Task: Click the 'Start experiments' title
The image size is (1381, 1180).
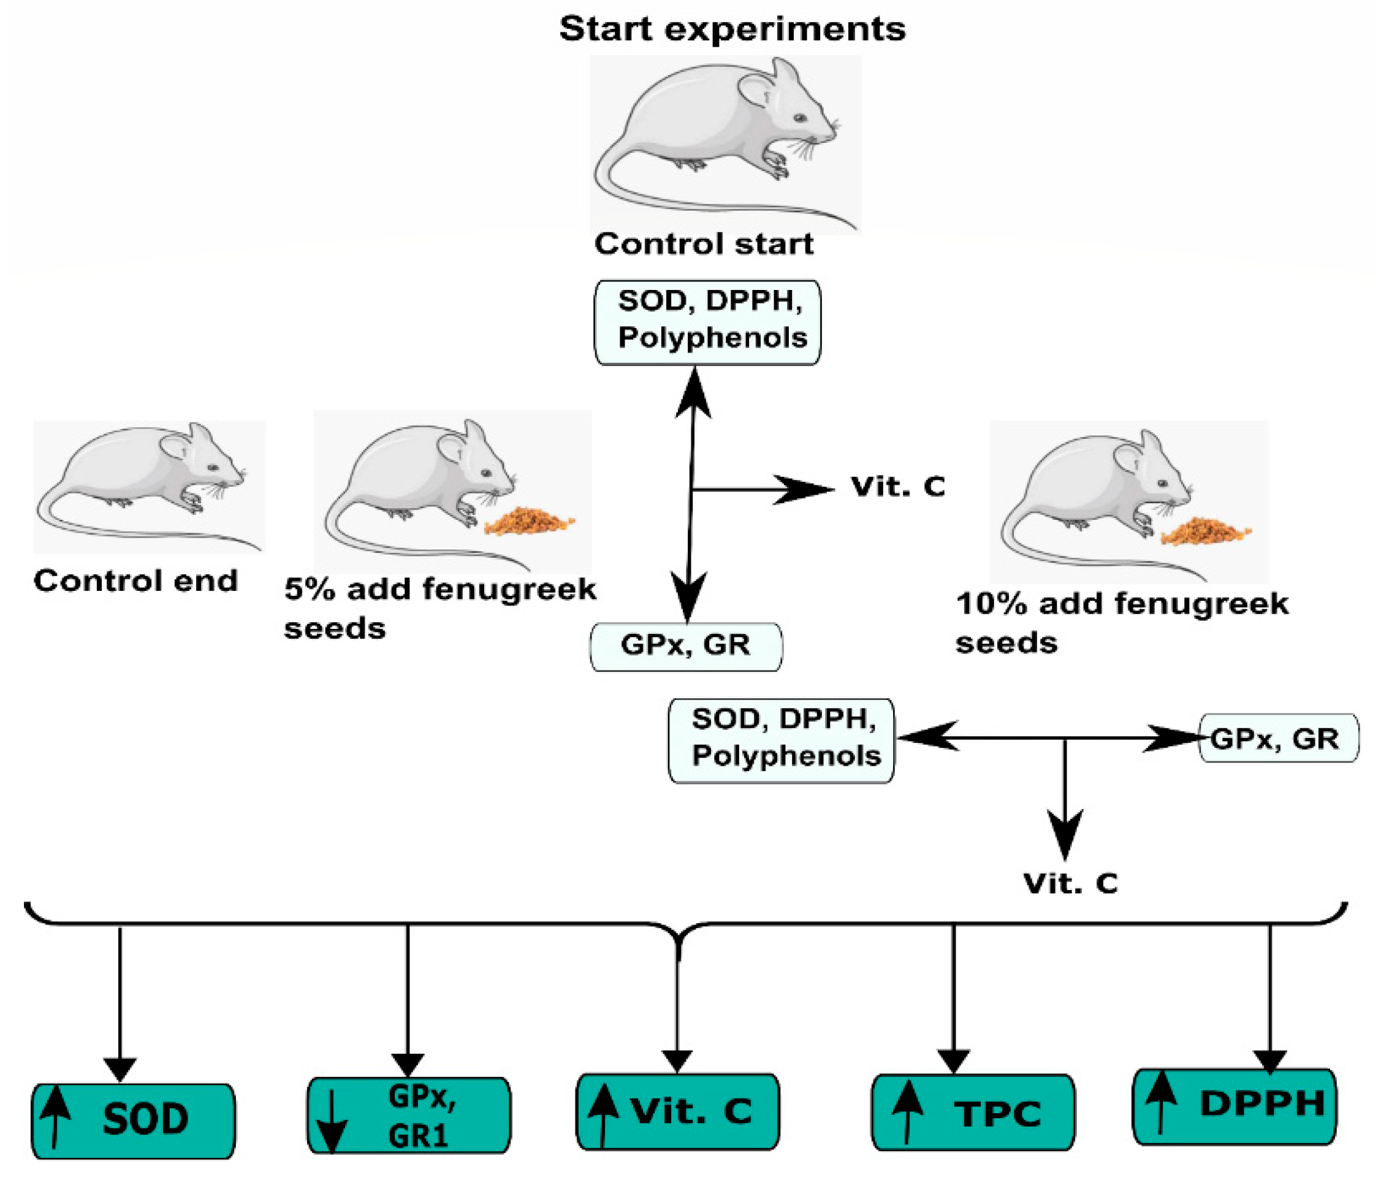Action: coord(732,29)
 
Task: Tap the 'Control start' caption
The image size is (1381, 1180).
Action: coord(703,244)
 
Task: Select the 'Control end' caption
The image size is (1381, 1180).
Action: coord(135,580)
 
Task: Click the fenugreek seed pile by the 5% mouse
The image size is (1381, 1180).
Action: coord(529,520)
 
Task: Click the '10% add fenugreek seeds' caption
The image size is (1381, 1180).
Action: coord(1121,623)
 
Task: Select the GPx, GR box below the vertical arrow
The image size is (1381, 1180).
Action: coord(686,646)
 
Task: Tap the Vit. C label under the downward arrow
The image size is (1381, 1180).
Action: coord(1070,883)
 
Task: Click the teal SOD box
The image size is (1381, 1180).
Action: coord(133,1120)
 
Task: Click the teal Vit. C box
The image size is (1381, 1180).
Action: coord(677,1111)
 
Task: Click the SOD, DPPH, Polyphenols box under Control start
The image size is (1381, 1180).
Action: coord(707,322)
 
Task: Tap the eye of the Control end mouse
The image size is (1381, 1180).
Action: coord(212,467)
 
